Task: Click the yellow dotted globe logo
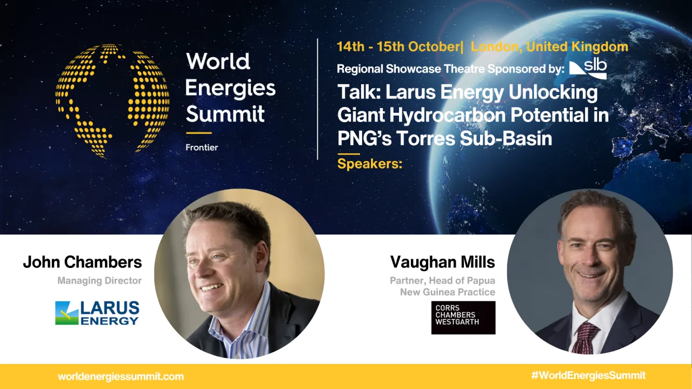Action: (x=112, y=100)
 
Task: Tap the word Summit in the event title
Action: (x=225, y=114)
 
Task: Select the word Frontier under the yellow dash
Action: (x=202, y=147)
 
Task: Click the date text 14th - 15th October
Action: (x=398, y=46)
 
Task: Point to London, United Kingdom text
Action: (x=549, y=46)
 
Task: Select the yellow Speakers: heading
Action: (x=370, y=163)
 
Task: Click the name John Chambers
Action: (x=82, y=263)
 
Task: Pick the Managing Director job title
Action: (x=99, y=280)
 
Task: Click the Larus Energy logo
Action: (x=97, y=313)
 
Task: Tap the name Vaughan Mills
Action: (x=442, y=263)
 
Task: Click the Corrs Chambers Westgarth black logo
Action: (x=463, y=318)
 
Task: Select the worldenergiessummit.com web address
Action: (x=121, y=377)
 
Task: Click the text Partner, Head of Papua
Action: (x=442, y=281)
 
